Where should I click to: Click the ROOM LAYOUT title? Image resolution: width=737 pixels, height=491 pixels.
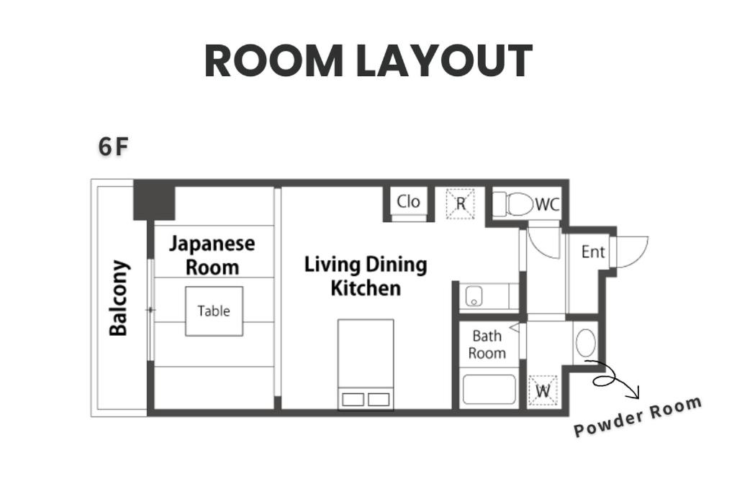pyautogui.click(x=368, y=61)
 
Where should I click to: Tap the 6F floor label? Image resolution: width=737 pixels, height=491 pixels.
pyautogui.click(x=113, y=147)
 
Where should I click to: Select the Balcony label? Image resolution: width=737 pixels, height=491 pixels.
pyautogui.click(x=119, y=298)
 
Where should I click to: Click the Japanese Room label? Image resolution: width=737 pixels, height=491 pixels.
pyautogui.click(x=212, y=255)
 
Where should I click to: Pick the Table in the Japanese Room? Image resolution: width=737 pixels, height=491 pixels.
pyautogui.click(x=214, y=311)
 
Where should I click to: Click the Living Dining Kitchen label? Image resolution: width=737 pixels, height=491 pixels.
pyautogui.click(x=366, y=277)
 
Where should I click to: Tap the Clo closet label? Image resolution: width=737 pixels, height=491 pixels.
pyautogui.click(x=408, y=202)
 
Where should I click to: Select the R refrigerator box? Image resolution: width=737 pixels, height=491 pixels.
pyautogui.click(x=460, y=203)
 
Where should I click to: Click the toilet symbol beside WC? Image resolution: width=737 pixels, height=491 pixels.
pyautogui.click(x=512, y=204)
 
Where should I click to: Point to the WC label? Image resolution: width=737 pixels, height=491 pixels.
pyautogui.click(x=548, y=205)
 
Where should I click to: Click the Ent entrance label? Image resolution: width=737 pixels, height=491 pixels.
pyautogui.click(x=593, y=252)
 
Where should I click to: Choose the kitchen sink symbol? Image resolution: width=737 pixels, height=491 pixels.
pyautogui.click(x=474, y=296)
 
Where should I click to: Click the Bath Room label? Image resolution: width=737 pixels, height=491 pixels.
pyautogui.click(x=487, y=344)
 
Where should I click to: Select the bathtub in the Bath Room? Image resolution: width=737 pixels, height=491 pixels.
pyautogui.click(x=489, y=389)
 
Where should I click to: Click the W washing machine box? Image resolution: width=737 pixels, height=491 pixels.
pyautogui.click(x=543, y=390)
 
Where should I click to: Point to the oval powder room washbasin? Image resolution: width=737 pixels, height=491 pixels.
pyautogui.click(x=586, y=343)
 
